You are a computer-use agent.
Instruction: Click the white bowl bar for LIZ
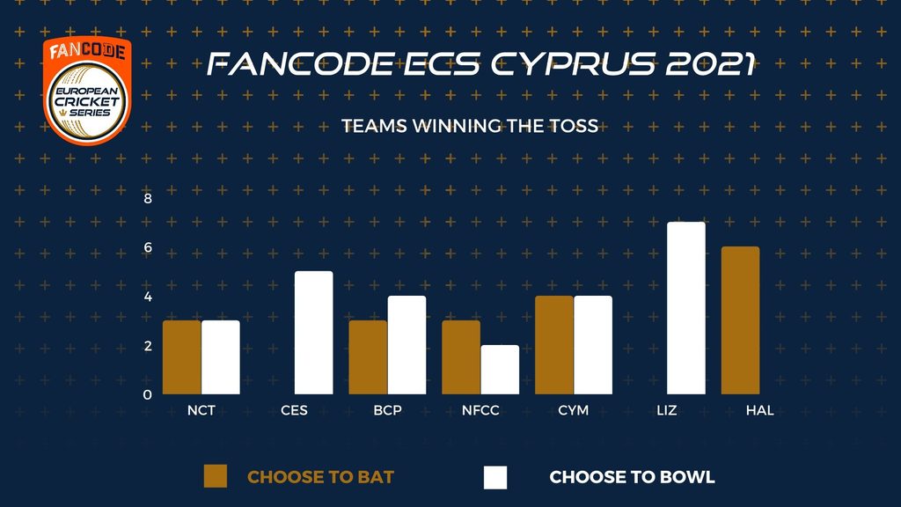686,308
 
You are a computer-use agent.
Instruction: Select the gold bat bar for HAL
740,320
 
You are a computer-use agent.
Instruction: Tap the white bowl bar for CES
314,333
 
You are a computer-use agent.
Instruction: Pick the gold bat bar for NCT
181,357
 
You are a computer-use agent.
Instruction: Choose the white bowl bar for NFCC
500,370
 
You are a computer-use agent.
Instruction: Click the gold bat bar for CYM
554,345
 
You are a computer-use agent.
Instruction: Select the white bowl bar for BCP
407,345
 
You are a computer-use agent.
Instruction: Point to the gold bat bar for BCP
368,357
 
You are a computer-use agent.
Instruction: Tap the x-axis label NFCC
480,410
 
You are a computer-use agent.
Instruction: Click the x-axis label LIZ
667,410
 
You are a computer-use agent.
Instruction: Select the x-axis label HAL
759,410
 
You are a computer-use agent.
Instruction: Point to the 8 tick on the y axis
148,199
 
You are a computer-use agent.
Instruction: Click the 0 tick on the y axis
148,395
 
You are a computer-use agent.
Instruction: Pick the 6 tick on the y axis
148,247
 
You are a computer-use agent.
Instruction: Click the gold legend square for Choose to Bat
216,476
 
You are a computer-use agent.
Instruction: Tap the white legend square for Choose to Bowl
495,477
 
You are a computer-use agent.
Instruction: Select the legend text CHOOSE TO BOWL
632,477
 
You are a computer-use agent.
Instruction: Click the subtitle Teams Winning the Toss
470,126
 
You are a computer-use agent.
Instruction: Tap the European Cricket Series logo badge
87,91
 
